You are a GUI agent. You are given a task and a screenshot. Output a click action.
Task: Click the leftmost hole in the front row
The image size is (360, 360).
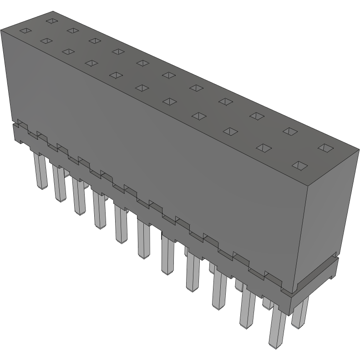[x=25, y=31]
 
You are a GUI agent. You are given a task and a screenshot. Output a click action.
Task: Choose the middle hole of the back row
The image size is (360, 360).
[x=168, y=75]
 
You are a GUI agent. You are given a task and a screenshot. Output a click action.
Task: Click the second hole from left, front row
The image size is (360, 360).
[x=46, y=41]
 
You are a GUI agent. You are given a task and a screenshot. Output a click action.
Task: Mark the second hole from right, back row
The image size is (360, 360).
[x=289, y=131]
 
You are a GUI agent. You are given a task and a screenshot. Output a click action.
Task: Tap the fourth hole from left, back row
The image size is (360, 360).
[x=118, y=51]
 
